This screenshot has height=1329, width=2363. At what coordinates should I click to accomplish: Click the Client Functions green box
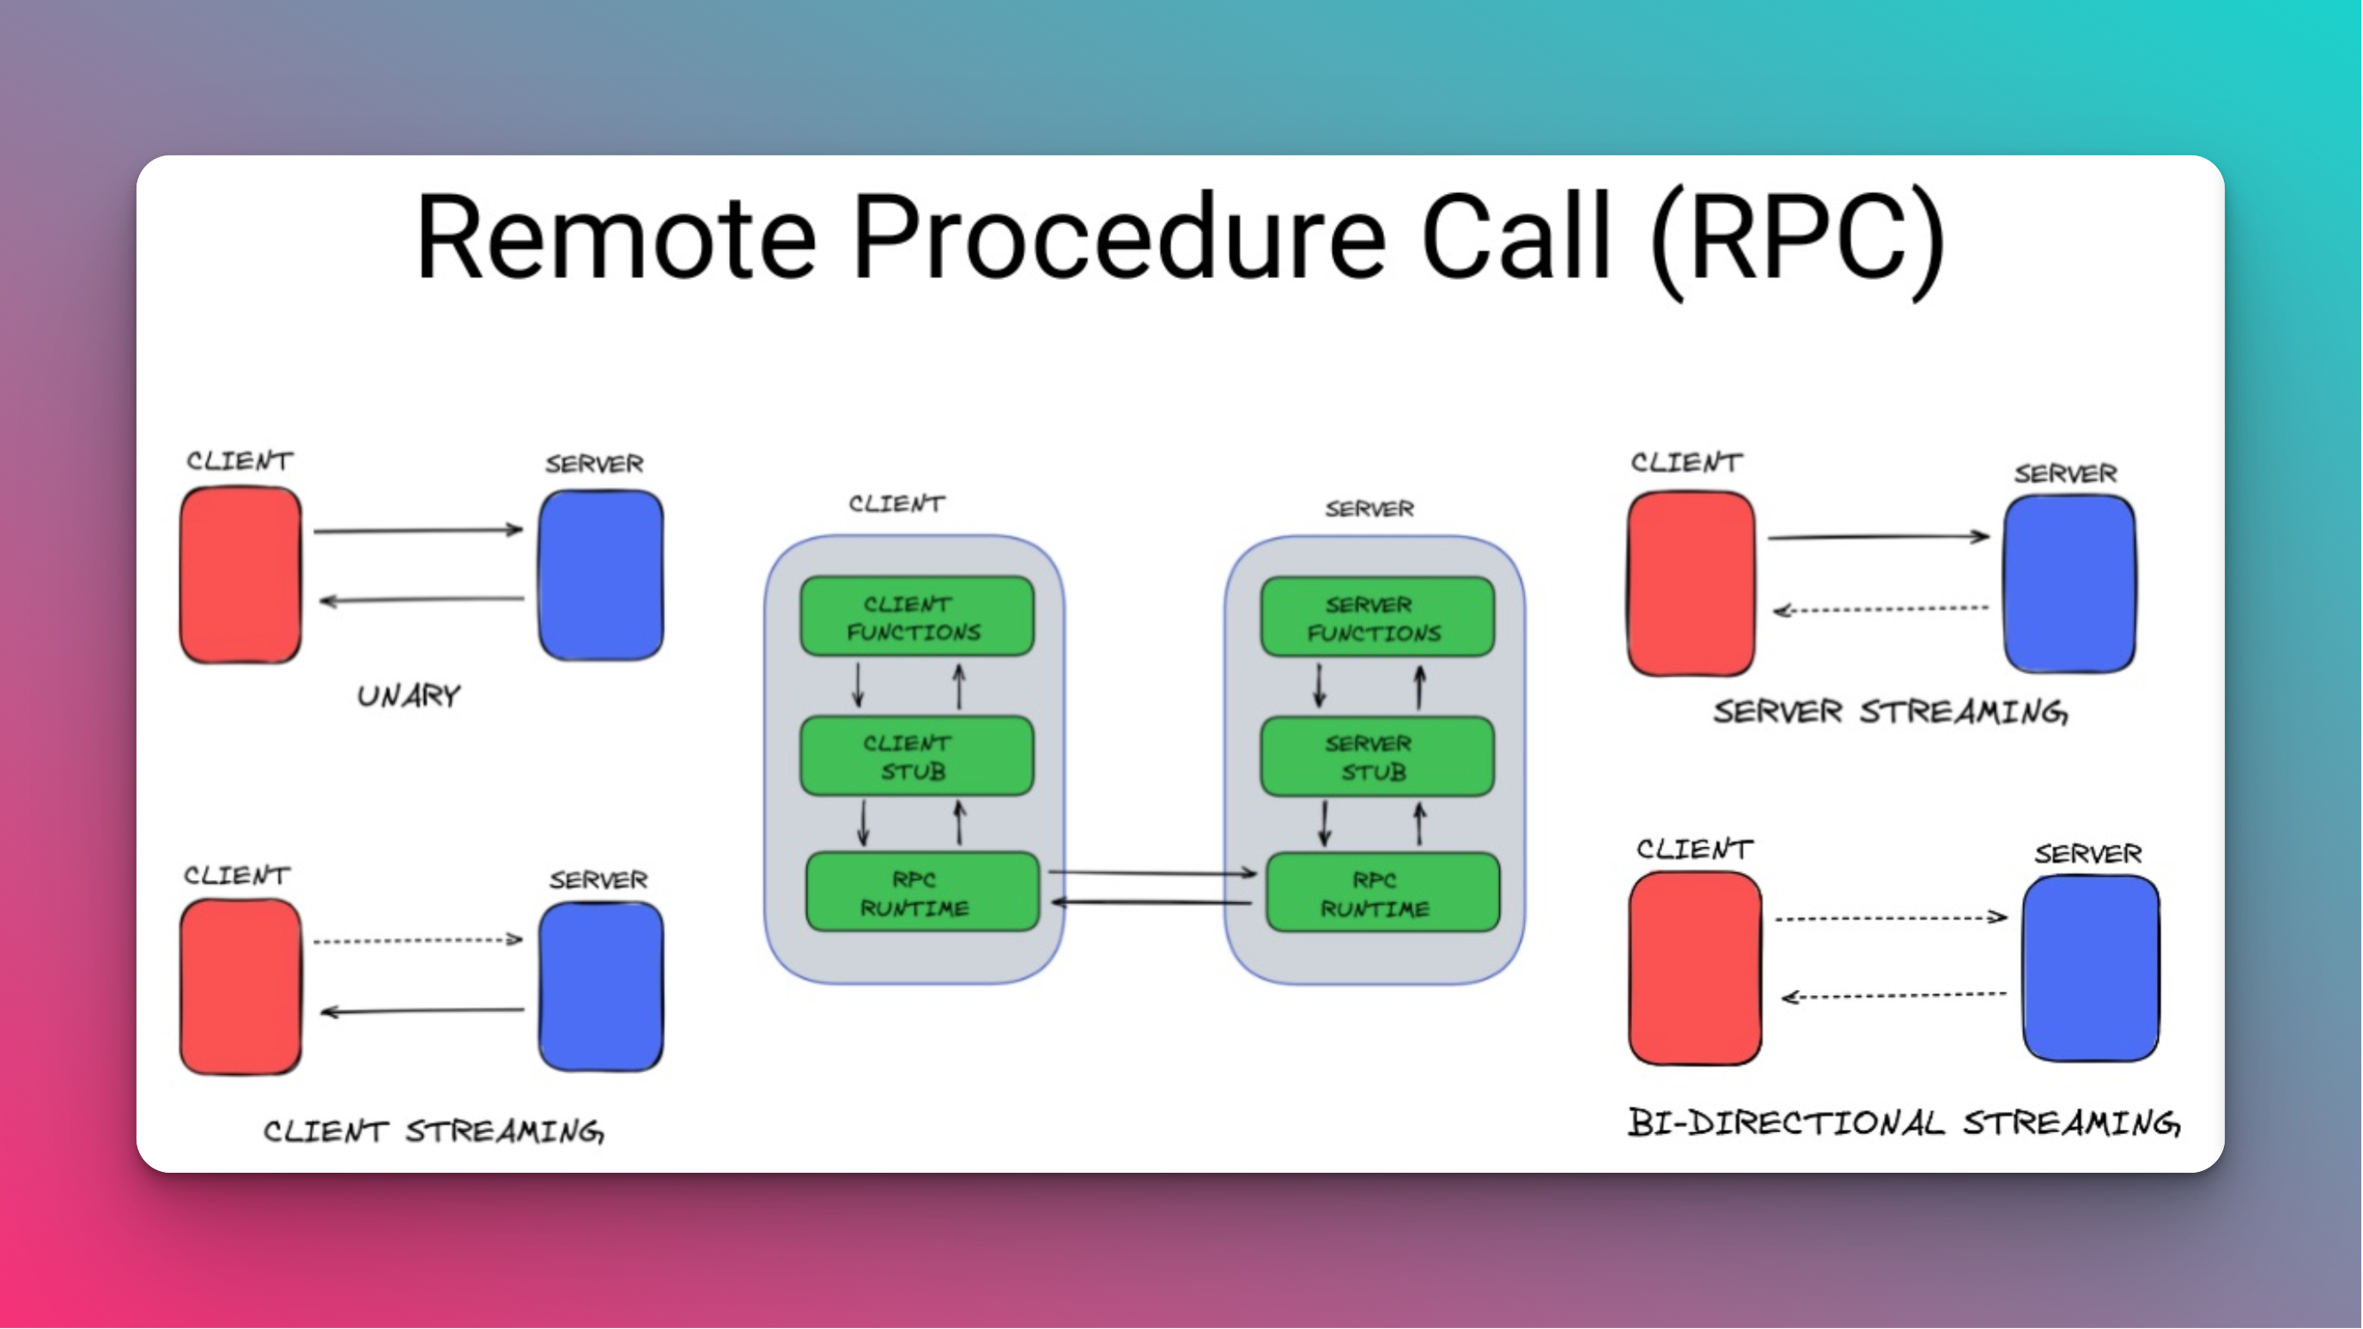tap(916, 616)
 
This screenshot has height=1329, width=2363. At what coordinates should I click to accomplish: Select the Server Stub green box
tap(1377, 756)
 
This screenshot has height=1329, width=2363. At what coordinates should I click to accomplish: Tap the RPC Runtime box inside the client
tap(922, 891)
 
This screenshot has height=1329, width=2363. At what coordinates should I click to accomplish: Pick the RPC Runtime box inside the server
tap(1382, 892)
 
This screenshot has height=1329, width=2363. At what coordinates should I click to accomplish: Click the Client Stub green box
tap(916, 756)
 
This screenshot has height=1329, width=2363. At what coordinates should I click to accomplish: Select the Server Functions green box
tap(1377, 617)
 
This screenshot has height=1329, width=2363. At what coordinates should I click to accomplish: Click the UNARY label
tap(409, 695)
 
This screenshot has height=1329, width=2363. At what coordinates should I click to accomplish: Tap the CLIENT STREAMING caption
tap(434, 1130)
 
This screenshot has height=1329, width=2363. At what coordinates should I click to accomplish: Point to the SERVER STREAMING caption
tap(1890, 712)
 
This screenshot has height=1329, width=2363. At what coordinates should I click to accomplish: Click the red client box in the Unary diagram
tap(240, 575)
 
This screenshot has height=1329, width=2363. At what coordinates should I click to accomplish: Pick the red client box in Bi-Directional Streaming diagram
tap(1694, 968)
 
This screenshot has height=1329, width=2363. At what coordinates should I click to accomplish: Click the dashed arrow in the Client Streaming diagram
tap(417, 940)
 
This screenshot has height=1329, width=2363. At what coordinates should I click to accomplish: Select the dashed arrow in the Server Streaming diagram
tap(1880, 609)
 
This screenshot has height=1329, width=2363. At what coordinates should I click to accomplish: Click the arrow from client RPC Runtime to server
tap(1152, 872)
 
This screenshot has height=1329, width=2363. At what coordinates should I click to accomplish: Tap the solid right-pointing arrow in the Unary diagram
tap(417, 530)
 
